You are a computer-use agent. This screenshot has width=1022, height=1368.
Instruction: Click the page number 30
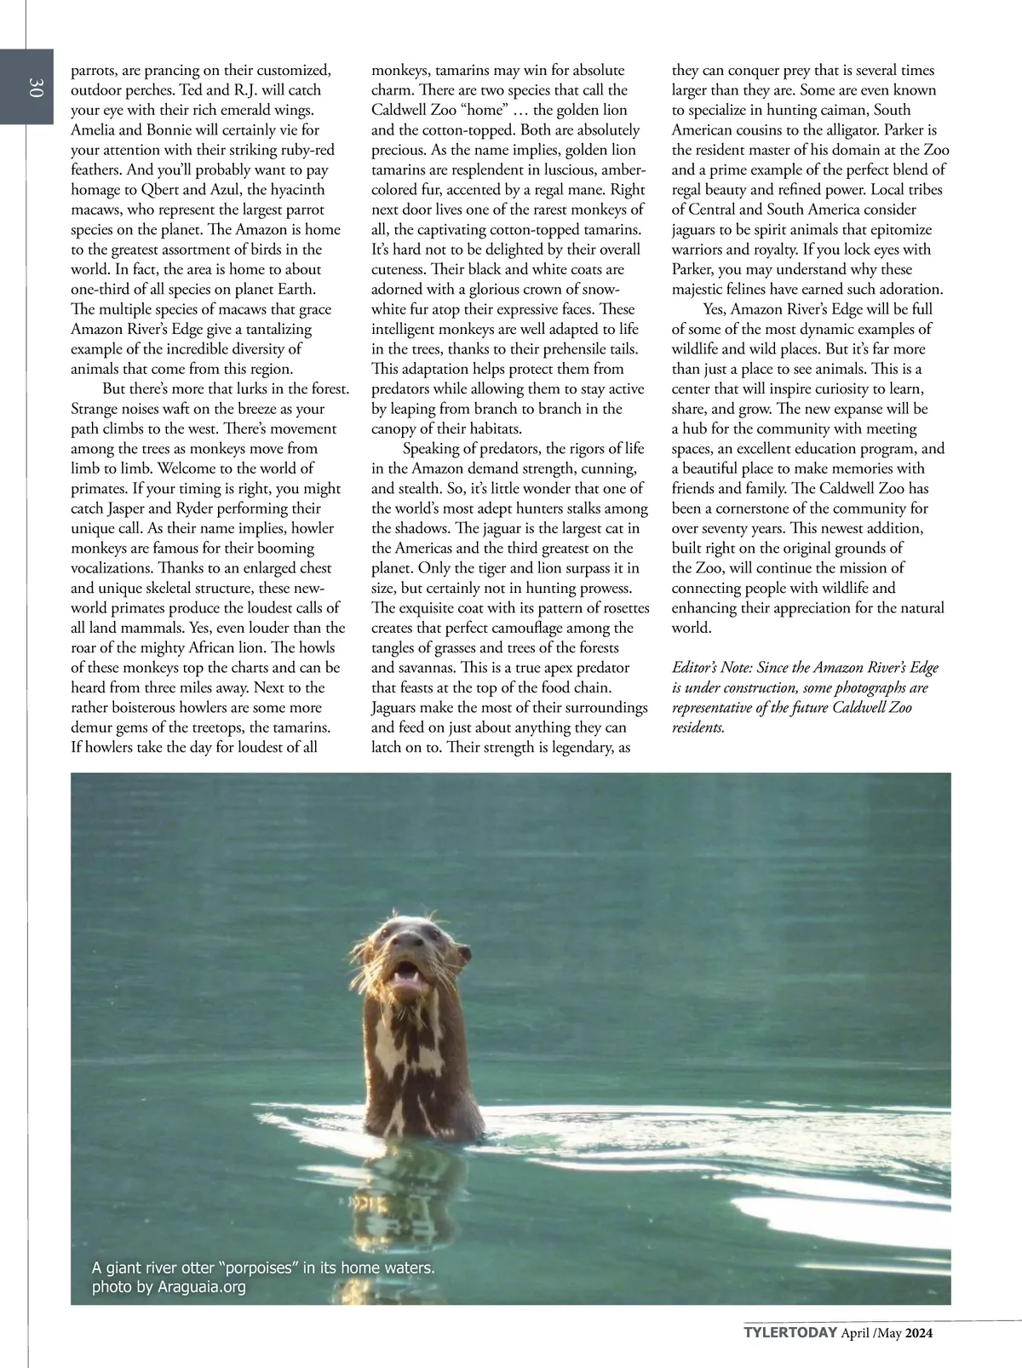tap(35, 88)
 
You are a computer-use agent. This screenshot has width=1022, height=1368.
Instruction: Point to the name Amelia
tap(97, 130)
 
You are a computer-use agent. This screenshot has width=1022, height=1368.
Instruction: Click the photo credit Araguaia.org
tap(202, 1287)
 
